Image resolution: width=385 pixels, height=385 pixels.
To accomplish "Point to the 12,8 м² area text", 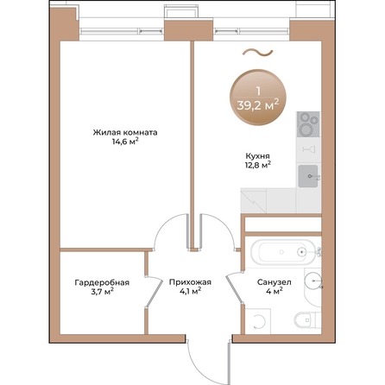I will point(256,165).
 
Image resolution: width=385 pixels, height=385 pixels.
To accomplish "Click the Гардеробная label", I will point(102,283).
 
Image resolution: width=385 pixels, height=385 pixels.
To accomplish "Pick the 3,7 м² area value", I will point(102,293).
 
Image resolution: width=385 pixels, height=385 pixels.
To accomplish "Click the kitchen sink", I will point(309,177).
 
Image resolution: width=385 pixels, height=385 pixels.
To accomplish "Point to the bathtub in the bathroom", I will point(281,254).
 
